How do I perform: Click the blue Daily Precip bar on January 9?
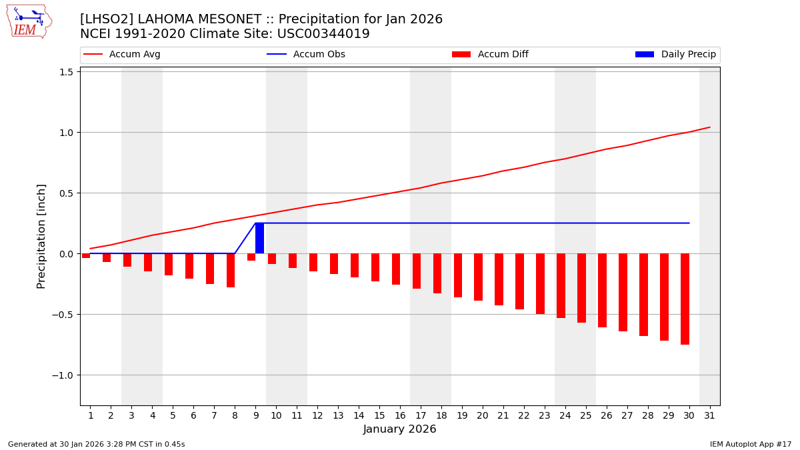click(x=259, y=238)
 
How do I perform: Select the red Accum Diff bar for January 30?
click(x=685, y=299)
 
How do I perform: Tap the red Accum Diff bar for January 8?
click(x=231, y=270)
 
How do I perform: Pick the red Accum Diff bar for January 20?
click(x=478, y=277)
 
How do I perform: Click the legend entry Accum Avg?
click(x=122, y=55)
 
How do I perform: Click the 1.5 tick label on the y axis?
click(x=65, y=72)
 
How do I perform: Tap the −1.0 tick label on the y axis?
click(x=62, y=375)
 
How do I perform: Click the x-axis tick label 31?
click(x=709, y=416)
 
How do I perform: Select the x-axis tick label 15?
click(x=379, y=416)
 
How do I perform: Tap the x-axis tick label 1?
click(x=91, y=416)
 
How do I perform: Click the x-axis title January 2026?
click(x=399, y=430)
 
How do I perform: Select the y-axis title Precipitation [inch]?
click(x=41, y=236)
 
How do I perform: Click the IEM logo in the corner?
click(x=29, y=21)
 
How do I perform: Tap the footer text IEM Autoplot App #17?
click(x=751, y=444)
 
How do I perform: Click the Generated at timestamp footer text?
click(x=97, y=444)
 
